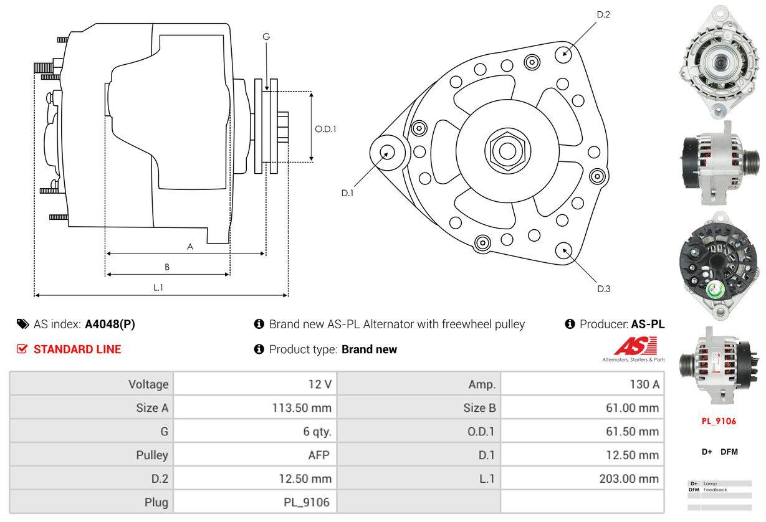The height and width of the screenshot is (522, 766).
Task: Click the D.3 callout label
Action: [x=603, y=288]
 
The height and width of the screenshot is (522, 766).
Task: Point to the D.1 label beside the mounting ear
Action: [x=347, y=193]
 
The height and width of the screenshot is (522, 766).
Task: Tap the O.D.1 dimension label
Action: [x=325, y=129]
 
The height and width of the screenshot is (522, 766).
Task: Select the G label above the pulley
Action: [x=266, y=37]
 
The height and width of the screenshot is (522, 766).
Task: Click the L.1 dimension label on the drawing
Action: [x=158, y=287]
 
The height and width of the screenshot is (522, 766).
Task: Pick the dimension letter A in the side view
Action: [x=190, y=247]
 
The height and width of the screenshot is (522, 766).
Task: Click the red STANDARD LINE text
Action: [x=77, y=349]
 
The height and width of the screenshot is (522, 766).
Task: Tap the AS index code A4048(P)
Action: [x=110, y=324]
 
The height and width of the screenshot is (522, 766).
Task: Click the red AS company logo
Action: [x=635, y=346]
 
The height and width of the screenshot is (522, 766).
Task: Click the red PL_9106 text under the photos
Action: [x=719, y=421]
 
